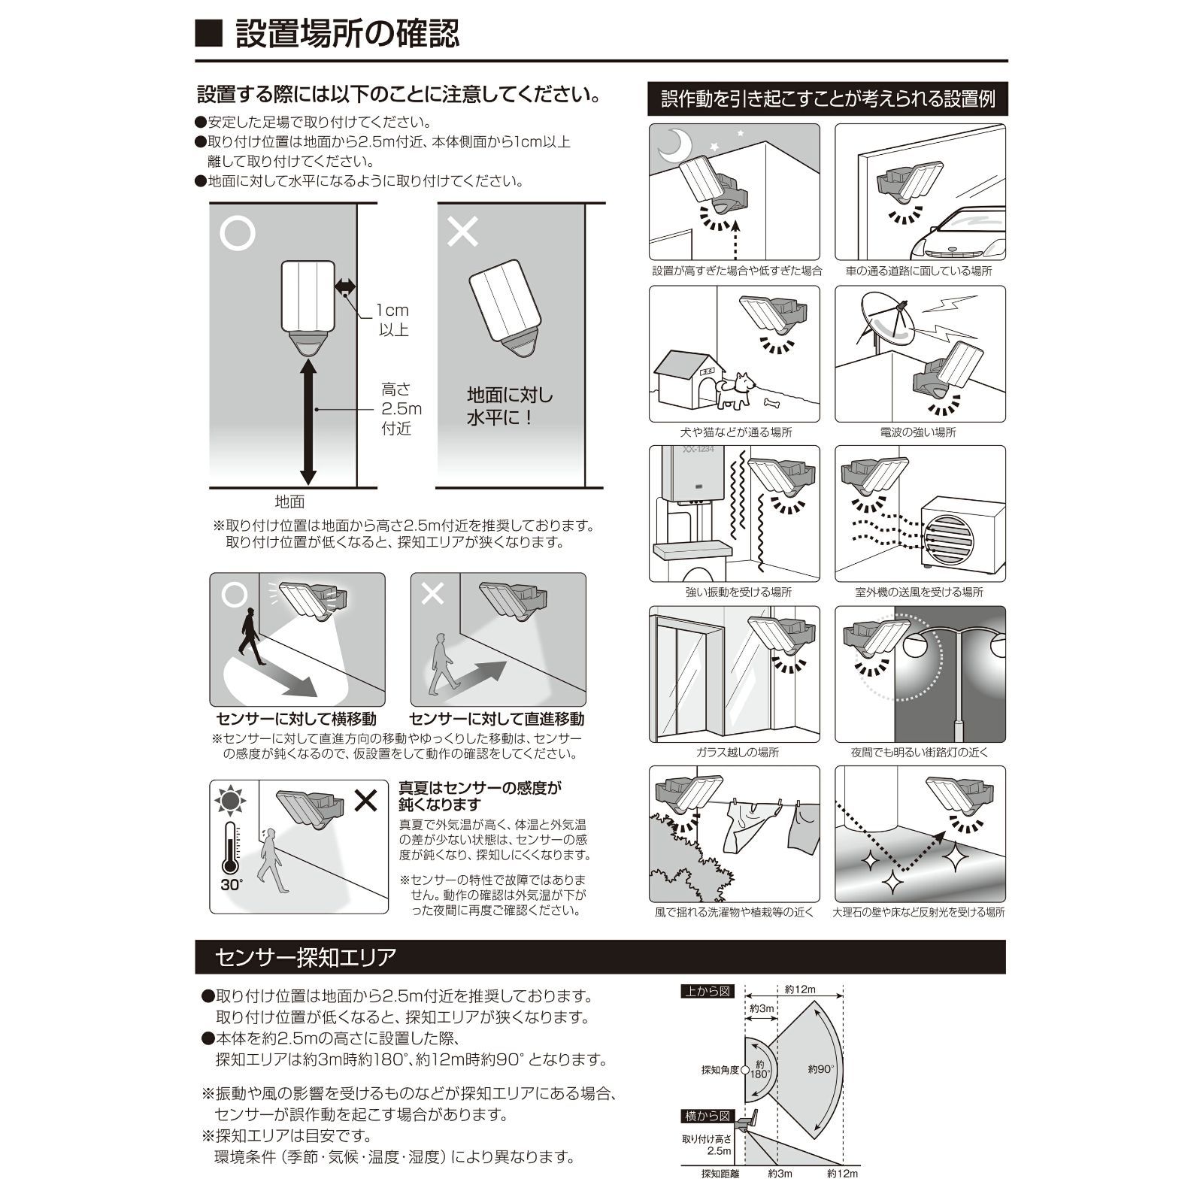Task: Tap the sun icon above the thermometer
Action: tap(230, 801)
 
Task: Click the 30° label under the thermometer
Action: tap(232, 884)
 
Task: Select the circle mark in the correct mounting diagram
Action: tap(237, 233)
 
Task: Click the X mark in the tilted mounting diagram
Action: tap(462, 232)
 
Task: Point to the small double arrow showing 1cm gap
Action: tap(345, 286)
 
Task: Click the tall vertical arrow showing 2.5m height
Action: tap(308, 421)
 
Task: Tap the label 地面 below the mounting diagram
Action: tap(289, 502)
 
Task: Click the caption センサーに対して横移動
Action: tap(296, 719)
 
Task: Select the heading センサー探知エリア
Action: tap(305, 957)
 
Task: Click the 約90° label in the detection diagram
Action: tap(821, 1068)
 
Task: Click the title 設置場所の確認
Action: tap(347, 34)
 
